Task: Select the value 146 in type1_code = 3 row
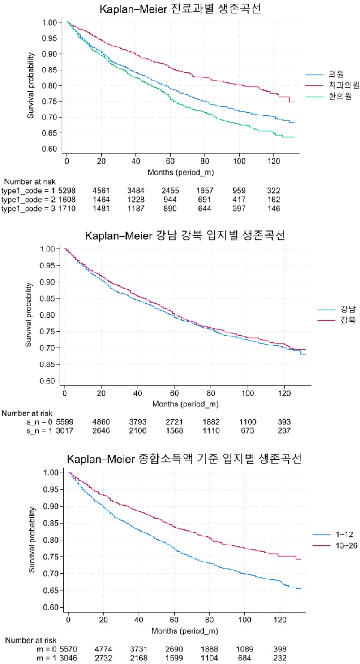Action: point(272,209)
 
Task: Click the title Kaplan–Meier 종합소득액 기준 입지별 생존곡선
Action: point(184,459)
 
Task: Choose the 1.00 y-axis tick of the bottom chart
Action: point(54,472)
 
